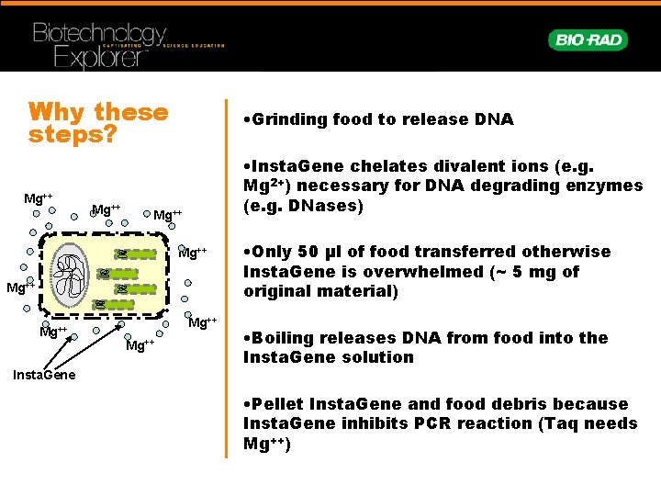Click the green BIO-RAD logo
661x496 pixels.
click(588, 40)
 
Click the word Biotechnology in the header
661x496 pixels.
click(99, 34)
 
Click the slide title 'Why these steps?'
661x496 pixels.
click(98, 123)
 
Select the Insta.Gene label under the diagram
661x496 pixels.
click(44, 375)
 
